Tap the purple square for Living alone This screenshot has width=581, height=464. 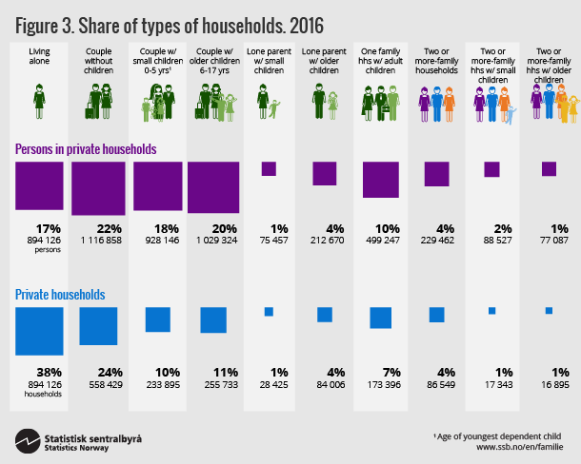point(38,185)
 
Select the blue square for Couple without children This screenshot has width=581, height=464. point(98,325)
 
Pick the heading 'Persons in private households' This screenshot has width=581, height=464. point(86,149)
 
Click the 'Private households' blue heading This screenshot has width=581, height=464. point(59,295)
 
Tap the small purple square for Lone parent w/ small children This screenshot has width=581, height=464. point(269,169)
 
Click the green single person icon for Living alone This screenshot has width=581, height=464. point(39,98)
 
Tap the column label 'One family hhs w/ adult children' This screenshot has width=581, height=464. point(381,59)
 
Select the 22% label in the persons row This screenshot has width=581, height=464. point(99,229)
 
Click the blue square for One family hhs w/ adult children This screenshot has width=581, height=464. point(381,317)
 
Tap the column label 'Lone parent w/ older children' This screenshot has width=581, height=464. point(324,59)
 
